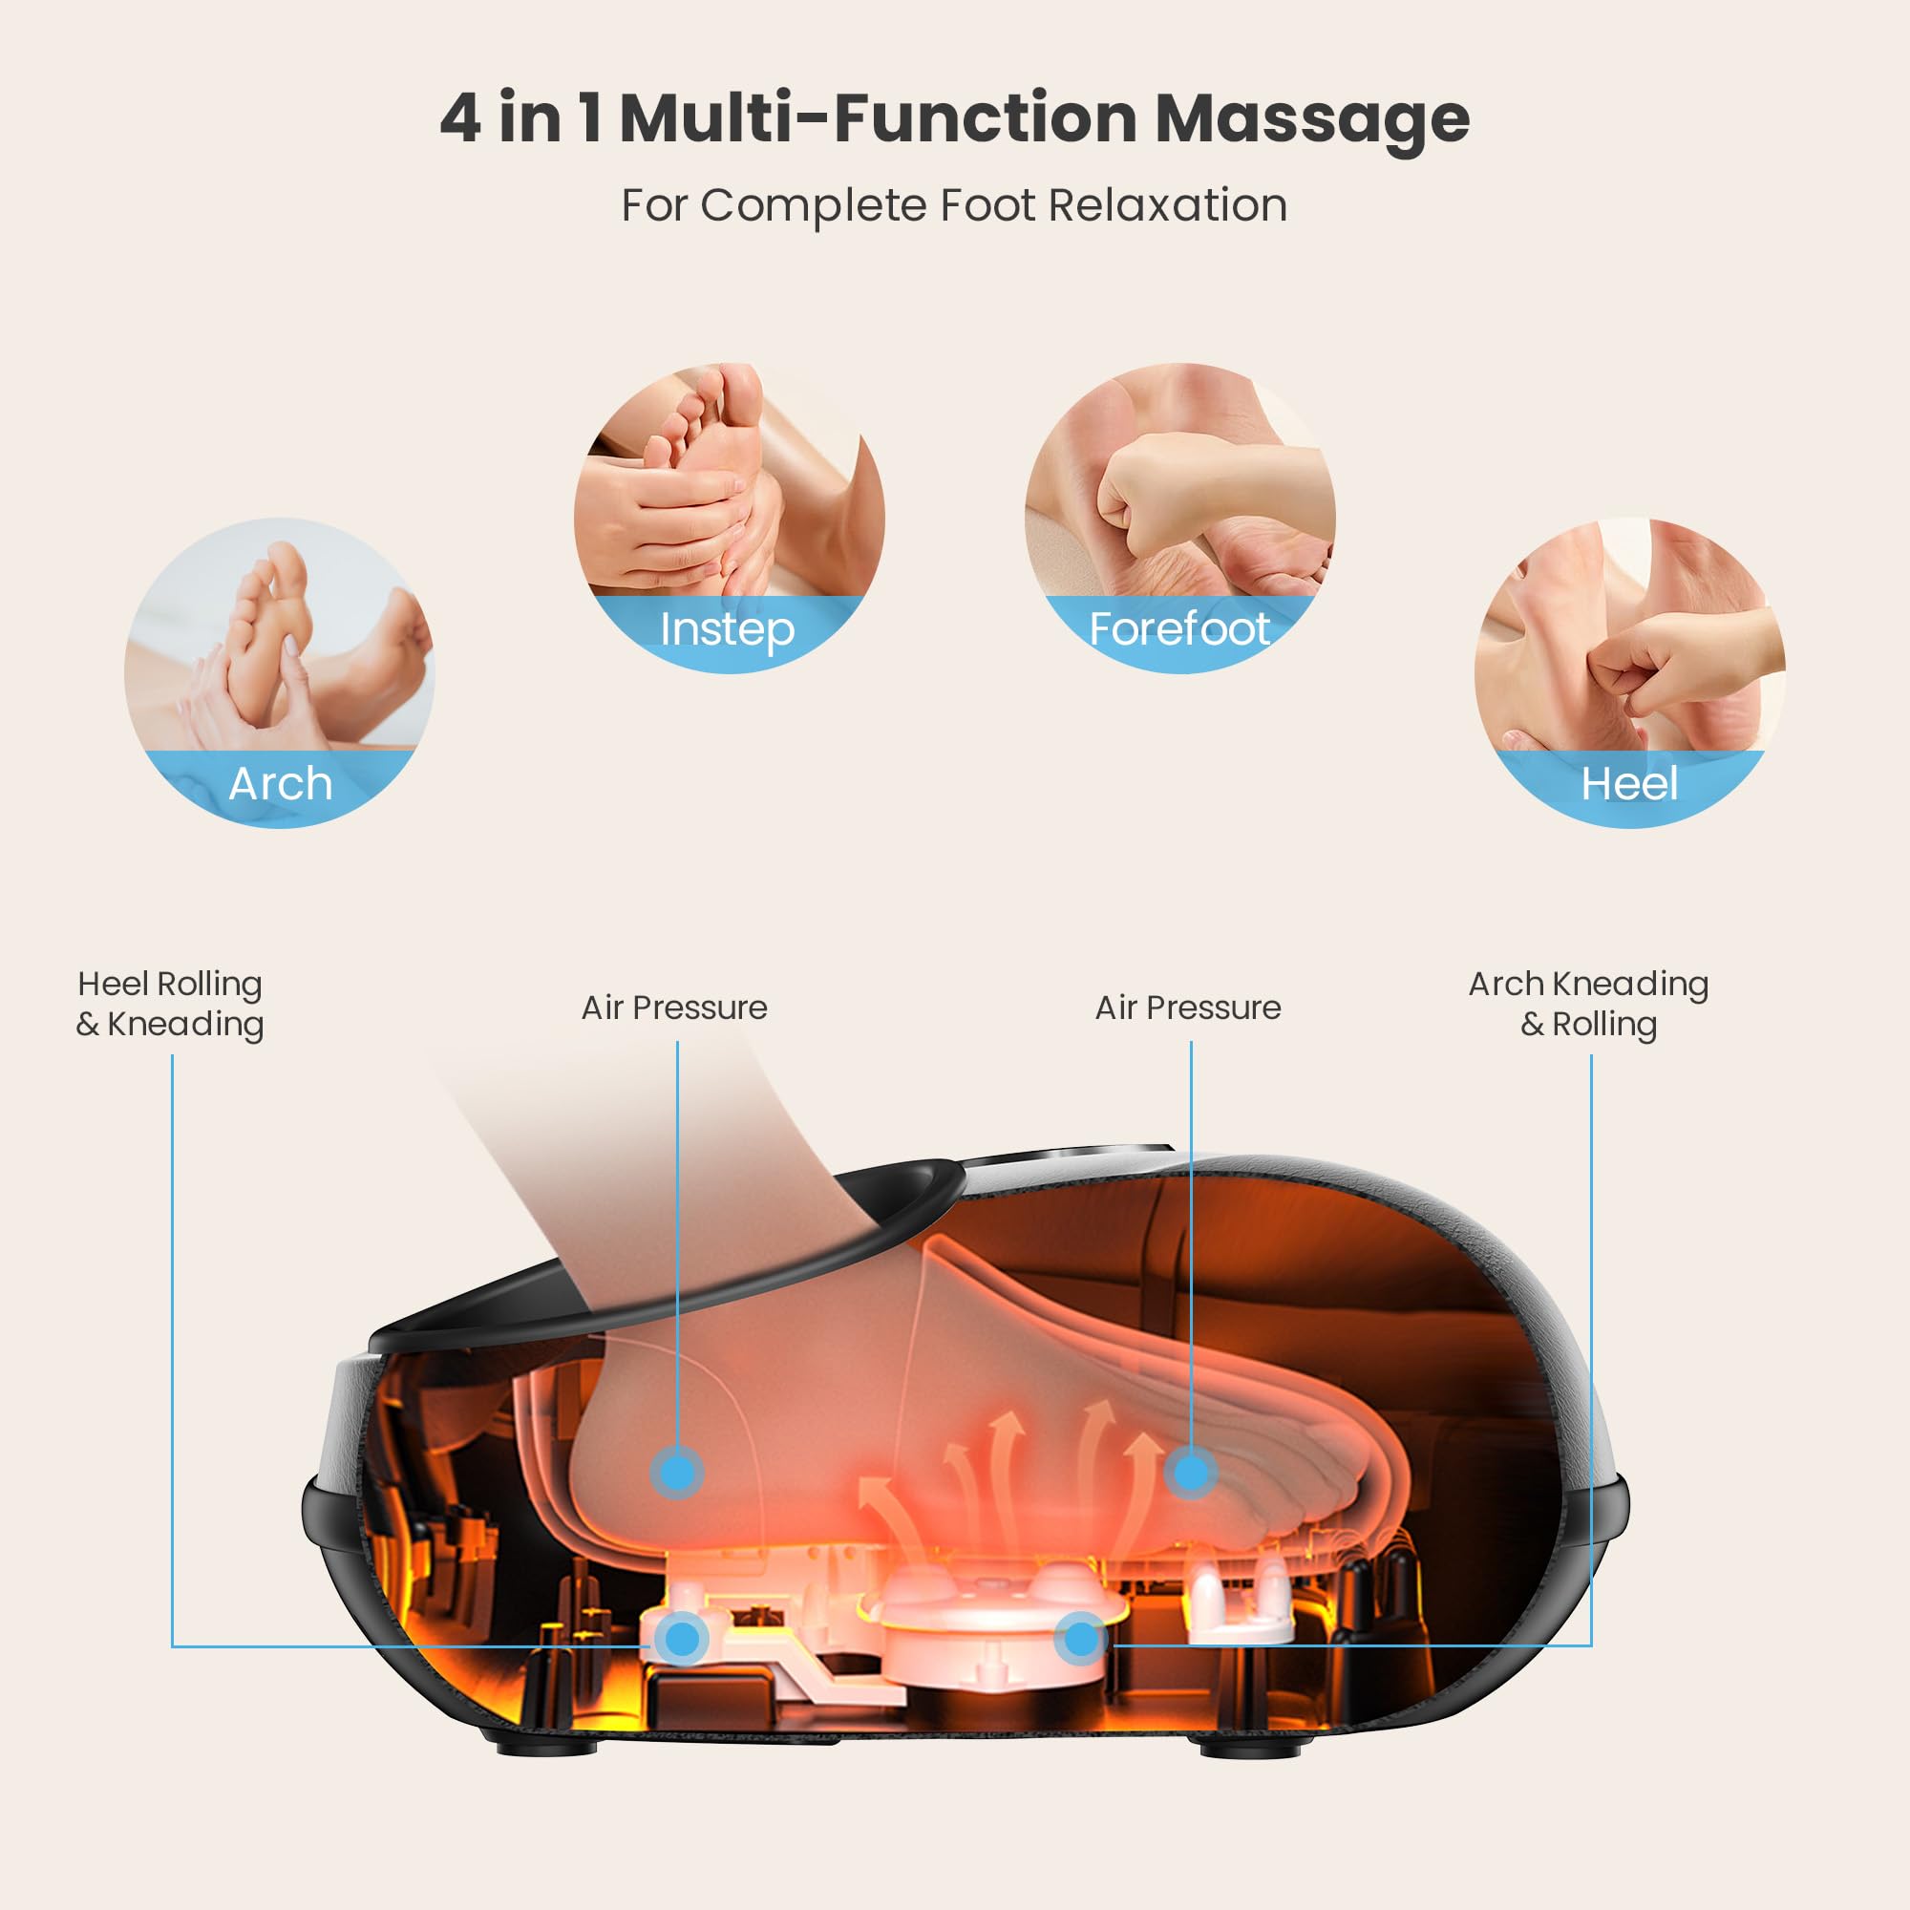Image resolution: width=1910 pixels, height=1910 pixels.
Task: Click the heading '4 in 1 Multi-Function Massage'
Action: [x=954, y=118]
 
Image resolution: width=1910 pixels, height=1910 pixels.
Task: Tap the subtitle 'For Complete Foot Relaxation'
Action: [x=954, y=205]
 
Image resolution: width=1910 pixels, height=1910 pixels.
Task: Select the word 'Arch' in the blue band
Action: [x=280, y=784]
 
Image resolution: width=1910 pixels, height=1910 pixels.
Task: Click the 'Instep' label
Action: [x=727, y=629]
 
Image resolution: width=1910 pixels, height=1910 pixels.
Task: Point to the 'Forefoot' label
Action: [x=1178, y=628]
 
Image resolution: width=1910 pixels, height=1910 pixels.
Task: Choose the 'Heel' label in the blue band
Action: [x=1629, y=784]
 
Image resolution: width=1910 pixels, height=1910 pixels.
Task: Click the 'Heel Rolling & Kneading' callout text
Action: [x=170, y=1004]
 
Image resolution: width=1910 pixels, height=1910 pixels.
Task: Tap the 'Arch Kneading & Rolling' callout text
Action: [x=1589, y=1004]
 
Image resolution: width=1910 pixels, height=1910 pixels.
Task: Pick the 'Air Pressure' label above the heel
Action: [x=674, y=1008]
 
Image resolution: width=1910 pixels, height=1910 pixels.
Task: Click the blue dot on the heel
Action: [x=677, y=1473]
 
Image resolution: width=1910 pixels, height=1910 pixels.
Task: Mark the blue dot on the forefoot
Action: [x=1190, y=1473]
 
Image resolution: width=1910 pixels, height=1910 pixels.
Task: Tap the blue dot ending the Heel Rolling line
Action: [x=682, y=1639]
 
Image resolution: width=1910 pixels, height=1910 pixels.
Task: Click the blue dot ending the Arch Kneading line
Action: [x=1082, y=1639]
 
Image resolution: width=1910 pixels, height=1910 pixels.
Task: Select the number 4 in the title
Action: [x=459, y=118]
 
